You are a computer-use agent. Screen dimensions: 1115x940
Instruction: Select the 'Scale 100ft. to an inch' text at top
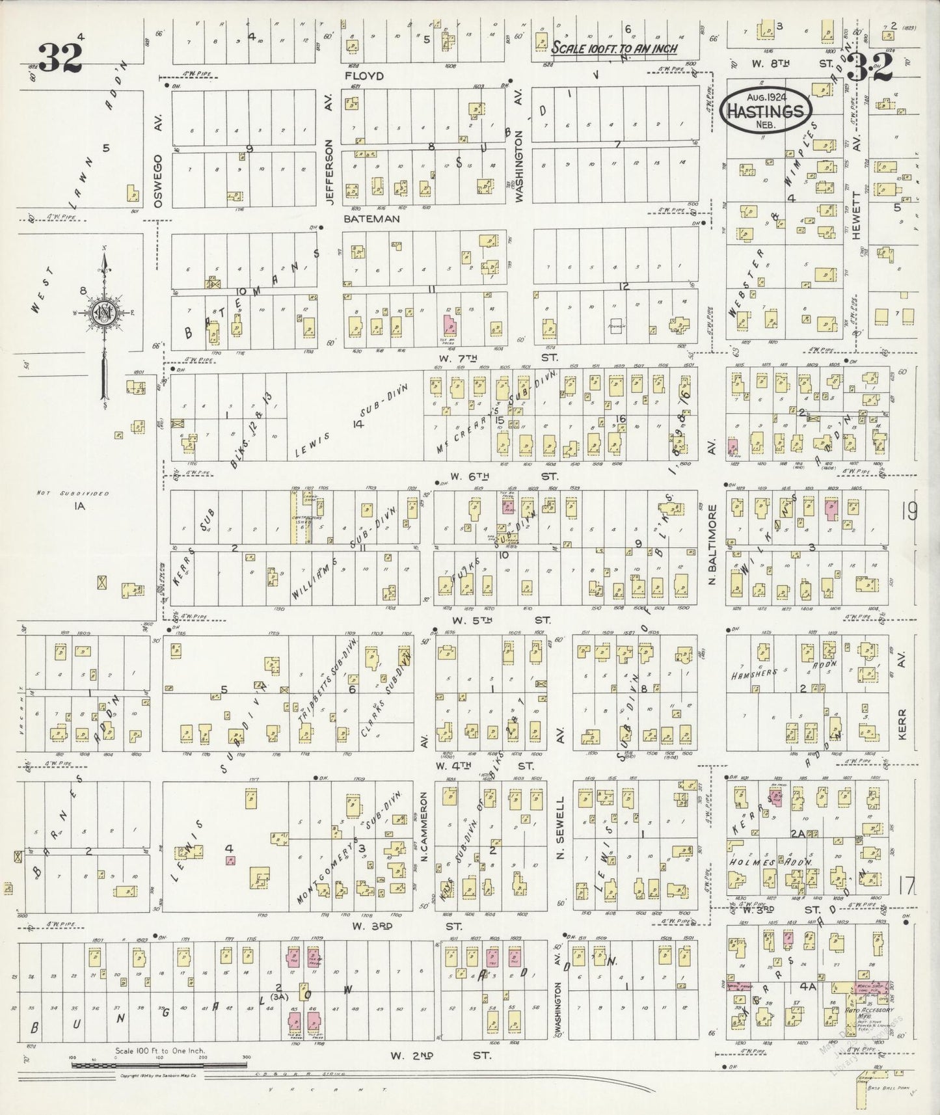[x=614, y=48]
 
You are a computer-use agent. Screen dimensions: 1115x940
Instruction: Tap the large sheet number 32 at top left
[x=60, y=57]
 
